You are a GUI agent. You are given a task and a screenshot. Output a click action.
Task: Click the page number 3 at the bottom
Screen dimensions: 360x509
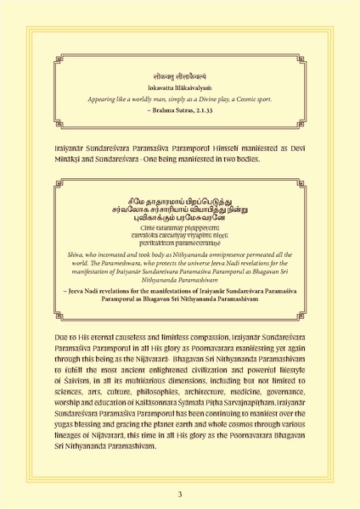180,493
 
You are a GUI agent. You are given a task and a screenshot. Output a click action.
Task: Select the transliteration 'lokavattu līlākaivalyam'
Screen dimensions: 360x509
179,87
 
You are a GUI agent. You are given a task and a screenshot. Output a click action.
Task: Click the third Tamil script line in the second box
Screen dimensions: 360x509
179,220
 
